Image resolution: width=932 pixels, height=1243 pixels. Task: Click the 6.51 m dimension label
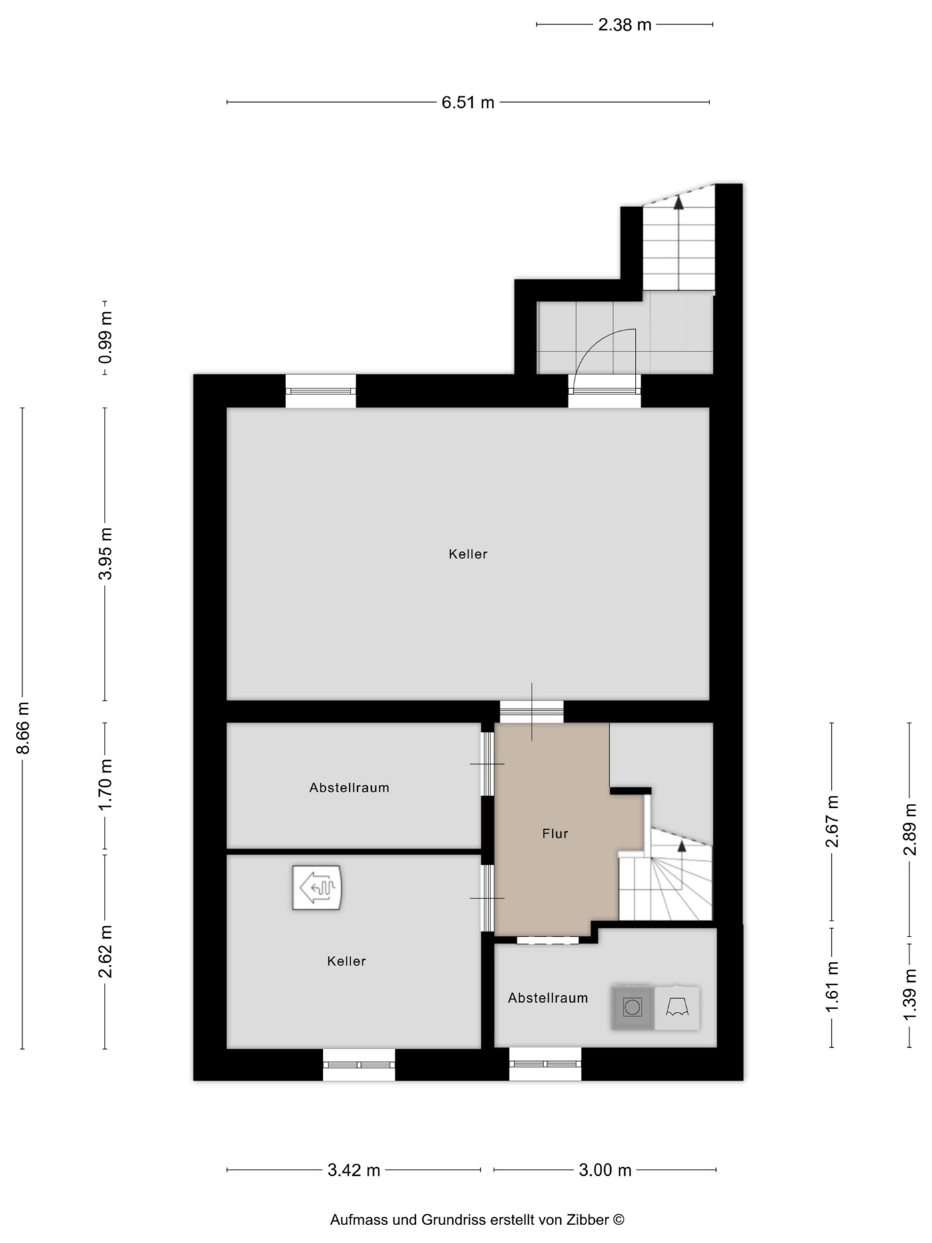pyautogui.click(x=468, y=103)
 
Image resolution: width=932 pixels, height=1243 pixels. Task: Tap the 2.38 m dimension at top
pyautogui.click(x=624, y=25)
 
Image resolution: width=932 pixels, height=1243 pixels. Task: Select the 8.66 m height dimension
pyautogui.click(x=23, y=727)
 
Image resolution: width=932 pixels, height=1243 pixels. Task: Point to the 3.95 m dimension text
pyautogui.click(x=105, y=553)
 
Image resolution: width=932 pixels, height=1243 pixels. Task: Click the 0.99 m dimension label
pyautogui.click(x=105, y=338)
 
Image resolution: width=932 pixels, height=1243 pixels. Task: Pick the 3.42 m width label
pyautogui.click(x=354, y=1170)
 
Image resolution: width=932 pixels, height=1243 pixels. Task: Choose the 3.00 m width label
pyautogui.click(x=605, y=1170)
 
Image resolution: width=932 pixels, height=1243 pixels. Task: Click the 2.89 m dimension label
pyautogui.click(x=910, y=829)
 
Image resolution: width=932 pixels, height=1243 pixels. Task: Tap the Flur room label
pyautogui.click(x=555, y=833)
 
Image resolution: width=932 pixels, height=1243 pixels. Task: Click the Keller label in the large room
pyautogui.click(x=468, y=554)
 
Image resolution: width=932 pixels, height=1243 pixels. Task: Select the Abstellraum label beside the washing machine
pyautogui.click(x=548, y=998)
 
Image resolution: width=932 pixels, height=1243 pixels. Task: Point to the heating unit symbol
pyautogui.click(x=317, y=887)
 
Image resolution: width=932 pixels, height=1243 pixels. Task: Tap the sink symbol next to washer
pyautogui.click(x=677, y=1008)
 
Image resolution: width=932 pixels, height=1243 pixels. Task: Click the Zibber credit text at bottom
pyautogui.click(x=477, y=1220)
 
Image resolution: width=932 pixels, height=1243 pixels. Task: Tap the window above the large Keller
pyautogui.click(x=320, y=391)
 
